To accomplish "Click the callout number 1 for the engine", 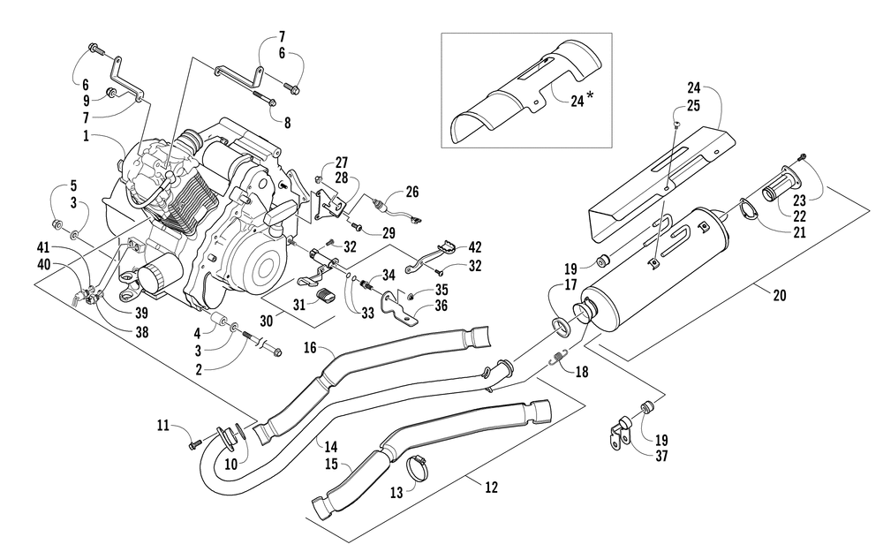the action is coord(87,136).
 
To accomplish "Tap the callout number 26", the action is coord(412,192).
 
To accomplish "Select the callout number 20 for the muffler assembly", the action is coord(780,295).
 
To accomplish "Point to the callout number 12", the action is coord(492,488).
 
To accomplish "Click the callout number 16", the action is coord(310,347).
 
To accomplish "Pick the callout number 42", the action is coord(475,247).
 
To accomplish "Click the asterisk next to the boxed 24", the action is coord(590,96).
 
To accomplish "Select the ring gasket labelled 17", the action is coord(561,326).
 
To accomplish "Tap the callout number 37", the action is coord(661,456).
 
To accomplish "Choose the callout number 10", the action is coord(231,465).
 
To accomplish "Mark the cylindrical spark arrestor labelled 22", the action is coord(775,189).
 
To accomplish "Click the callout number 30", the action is coord(267,321).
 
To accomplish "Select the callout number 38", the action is coord(142,332).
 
